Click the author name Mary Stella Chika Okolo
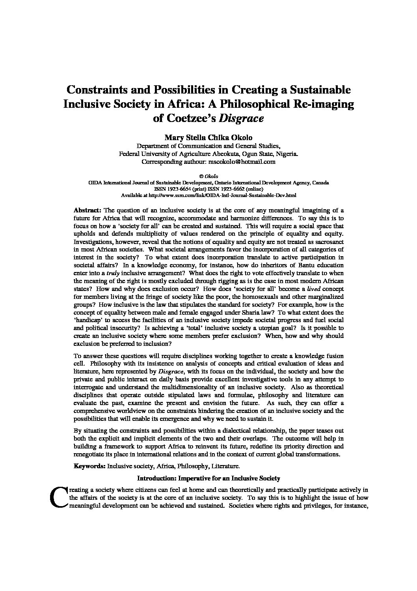pyautogui.click(x=208, y=137)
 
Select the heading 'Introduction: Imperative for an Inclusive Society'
pyautogui.click(x=208, y=478)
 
